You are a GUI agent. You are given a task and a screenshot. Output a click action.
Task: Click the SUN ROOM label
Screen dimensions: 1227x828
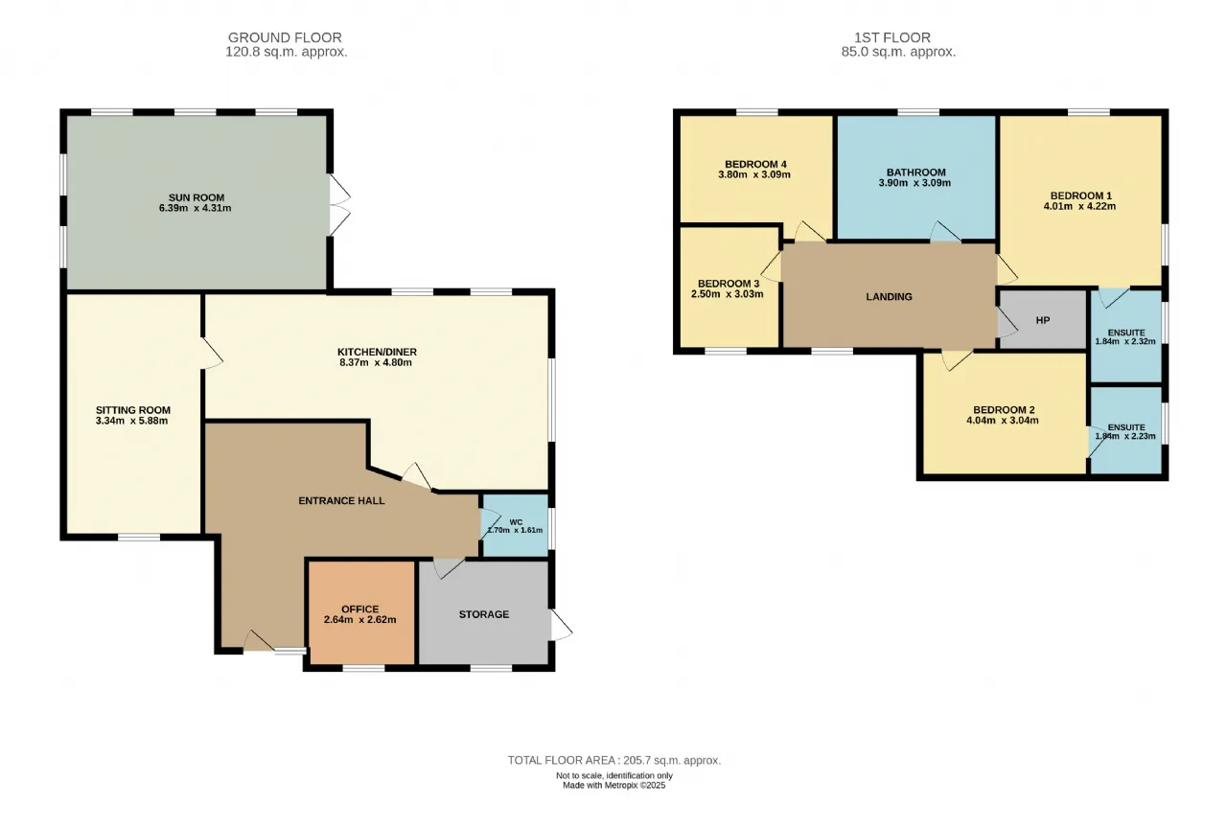[197, 197]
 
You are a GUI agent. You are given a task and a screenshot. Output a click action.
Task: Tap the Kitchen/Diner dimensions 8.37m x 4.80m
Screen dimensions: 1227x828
[376, 362]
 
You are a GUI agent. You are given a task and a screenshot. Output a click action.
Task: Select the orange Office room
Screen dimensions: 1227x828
[361, 612]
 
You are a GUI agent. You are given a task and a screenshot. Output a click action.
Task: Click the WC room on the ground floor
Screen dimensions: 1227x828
[515, 526]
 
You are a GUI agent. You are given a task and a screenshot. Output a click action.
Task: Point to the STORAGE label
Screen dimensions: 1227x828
[484, 614]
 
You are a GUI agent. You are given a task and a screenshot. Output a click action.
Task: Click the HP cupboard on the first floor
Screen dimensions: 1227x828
[1043, 320]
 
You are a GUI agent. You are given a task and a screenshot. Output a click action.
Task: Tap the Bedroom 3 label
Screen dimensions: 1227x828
[729, 284]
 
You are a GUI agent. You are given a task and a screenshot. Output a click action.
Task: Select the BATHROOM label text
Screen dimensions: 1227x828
[915, 172]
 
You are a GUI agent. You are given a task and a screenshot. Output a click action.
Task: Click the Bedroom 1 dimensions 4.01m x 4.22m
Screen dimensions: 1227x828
[1079, 206]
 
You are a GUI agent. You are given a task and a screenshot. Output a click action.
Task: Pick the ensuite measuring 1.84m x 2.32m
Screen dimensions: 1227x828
[1126, 335]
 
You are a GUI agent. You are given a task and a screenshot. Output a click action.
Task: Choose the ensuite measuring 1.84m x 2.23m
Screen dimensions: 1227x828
[1126, 430]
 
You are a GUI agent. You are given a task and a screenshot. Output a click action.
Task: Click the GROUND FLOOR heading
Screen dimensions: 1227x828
[285, 37]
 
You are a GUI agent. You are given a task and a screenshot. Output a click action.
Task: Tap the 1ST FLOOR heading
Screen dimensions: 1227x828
[892, 37]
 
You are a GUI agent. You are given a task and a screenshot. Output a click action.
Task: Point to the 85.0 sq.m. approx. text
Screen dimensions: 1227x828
[898, 52]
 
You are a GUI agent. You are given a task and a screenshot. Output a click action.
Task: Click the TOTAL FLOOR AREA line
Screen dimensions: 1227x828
[614, 760]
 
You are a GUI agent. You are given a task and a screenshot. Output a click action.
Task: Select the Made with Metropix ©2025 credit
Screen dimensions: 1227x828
[614, 785]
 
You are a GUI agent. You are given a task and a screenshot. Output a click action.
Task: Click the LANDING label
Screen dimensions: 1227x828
[889, 297]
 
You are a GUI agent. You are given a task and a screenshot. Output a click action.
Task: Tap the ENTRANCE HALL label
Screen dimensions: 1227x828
[341, 500]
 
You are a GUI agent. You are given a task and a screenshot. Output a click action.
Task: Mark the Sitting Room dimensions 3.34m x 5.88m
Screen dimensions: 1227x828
[131, 421]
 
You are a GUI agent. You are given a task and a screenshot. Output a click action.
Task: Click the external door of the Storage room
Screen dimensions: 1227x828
[561, 625]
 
